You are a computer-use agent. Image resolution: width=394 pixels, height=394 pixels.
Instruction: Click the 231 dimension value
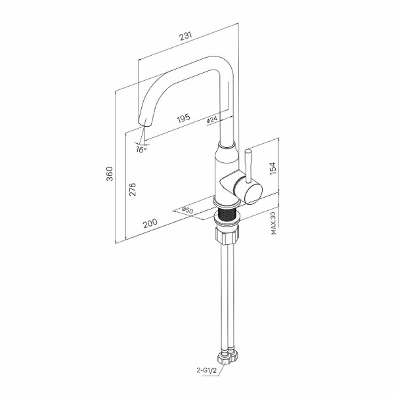(x=186, y=36)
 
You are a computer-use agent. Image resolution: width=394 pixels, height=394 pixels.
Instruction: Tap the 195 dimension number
(x=184, y=118)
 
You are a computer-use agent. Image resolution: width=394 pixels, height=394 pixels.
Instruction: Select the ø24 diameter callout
(x=212, y=120)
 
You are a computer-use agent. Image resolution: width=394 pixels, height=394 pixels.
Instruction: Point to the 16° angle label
(x=141, y=150)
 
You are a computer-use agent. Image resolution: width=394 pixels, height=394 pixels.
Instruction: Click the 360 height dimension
(x=110, y=173)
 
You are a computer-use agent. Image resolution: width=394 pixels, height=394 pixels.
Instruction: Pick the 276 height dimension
(x=132, y=190)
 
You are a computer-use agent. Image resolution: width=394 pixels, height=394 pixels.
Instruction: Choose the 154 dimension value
(x=273, y=168)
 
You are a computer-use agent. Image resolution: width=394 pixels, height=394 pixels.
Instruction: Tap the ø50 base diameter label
(x=187, y=210)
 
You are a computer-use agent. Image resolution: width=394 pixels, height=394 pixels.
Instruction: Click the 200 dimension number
(x=150, y=223)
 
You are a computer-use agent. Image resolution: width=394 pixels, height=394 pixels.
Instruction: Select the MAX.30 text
(x=274, y=223)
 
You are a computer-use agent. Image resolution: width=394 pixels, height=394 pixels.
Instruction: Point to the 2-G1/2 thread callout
(x=207, y=370)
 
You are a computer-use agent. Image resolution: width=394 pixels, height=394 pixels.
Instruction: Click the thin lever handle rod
(x=248, y=165)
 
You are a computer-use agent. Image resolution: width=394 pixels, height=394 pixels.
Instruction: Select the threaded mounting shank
(x=227, y=214)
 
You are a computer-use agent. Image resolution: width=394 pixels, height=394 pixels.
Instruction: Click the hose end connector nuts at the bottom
(x=227, y=355)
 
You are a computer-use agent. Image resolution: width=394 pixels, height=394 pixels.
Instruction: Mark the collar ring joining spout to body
(x=227, y=145)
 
